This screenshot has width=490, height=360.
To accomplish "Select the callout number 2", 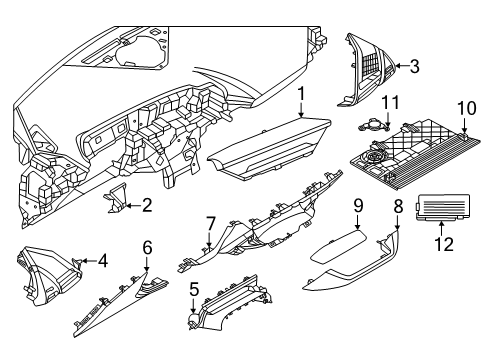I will click(146, 206).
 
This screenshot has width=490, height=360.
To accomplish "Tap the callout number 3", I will click(414, 67).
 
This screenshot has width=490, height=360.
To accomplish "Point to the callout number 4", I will click(103, 262).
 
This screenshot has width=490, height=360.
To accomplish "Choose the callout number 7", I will click(211, 222).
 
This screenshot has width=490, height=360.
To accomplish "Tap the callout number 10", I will click(464, 107).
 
